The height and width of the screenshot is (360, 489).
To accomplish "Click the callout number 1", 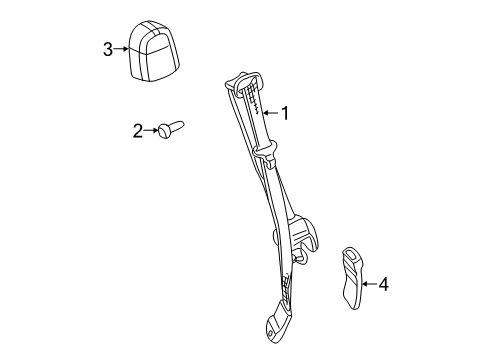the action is [285, 114].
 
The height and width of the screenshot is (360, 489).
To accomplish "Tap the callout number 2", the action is [138, 129].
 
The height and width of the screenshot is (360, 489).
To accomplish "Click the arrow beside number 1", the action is [267, 114].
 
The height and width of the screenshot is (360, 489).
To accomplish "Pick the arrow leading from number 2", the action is [152, 129].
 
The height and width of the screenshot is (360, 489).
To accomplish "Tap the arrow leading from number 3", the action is [124, 48].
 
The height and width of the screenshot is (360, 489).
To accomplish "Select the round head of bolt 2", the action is [165, 130].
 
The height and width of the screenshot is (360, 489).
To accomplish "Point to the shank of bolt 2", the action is [182, 127].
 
